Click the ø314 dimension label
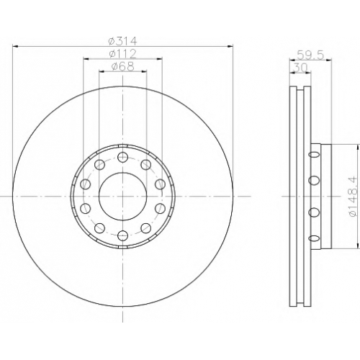(122, 41)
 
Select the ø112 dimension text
(122, 54)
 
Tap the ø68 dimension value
(122, 67)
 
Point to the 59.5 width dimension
(310, 55)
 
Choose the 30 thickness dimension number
(300, 68)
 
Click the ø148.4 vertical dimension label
(354, 197)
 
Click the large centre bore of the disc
(122, 196)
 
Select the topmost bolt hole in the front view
(122, 157)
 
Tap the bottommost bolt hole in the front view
(122, 235)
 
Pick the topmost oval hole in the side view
(314, 155)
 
